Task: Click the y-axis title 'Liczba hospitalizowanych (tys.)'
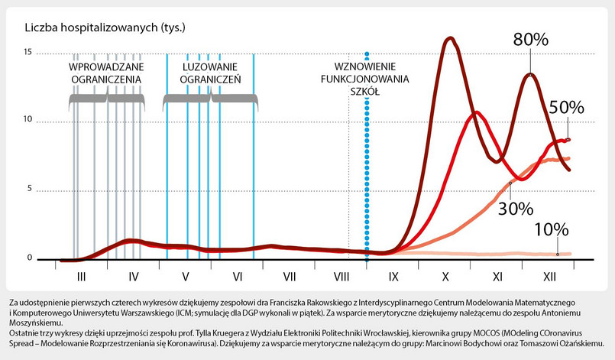(x=105, y=28)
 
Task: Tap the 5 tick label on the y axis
(x=29, y=190)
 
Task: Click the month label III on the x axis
(x=81, y=274)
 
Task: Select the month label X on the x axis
(x=445, y=274)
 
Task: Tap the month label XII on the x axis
(x=549, y=274)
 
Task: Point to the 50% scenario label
(x=566, y=108)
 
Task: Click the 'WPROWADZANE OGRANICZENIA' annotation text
(x=105, y=73)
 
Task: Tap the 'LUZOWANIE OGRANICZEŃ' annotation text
(x=211, y=73)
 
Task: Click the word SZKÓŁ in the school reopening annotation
(x=365, y=90)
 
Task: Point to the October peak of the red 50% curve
(x=476, y=112)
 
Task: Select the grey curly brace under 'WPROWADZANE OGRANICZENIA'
(x=105, y=99)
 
